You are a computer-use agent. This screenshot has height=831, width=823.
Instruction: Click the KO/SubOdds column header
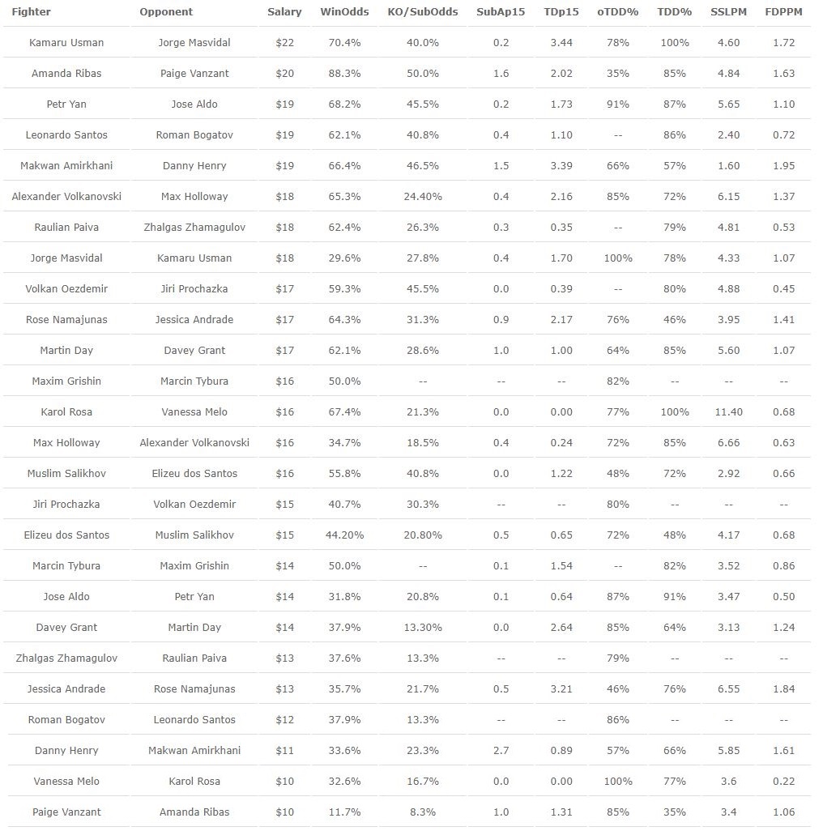(422, 12)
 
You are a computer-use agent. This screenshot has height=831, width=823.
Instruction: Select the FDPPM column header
(783, 12)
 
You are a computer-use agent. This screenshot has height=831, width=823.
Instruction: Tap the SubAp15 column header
(501, 12)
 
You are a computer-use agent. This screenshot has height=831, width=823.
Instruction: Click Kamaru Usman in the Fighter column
(66, 42)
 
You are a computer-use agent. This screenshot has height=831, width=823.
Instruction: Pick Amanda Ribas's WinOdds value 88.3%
(340, 73)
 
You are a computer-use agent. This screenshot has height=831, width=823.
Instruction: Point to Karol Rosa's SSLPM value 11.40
(728, 411)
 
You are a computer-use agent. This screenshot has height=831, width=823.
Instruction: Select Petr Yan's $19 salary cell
(284, 104)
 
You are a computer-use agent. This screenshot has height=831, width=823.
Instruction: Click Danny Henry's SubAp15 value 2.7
(501, 750)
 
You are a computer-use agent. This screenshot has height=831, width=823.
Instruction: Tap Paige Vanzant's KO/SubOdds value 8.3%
(422, 812)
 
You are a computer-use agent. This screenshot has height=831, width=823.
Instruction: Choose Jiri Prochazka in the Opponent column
(194, 288)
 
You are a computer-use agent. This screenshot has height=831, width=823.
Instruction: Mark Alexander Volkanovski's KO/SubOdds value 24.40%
(422, 196)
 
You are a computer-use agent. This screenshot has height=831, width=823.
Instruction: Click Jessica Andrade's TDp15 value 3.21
(561, 688)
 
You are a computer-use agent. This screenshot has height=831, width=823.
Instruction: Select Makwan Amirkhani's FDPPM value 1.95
(783, 165)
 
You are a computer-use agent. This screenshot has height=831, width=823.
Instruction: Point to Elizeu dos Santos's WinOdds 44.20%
(340, 535)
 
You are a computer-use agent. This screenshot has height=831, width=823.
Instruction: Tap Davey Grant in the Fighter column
(66, 627)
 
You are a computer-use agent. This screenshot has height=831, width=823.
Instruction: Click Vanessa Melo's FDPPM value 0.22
(783, 781)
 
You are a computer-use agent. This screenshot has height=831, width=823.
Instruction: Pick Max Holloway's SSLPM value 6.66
(728, 442)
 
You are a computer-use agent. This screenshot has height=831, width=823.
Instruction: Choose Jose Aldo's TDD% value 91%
(674, 596)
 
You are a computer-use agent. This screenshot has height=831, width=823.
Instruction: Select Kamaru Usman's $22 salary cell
(284, 42)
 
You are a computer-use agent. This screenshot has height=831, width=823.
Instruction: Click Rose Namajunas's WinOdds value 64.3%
(340, 319)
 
